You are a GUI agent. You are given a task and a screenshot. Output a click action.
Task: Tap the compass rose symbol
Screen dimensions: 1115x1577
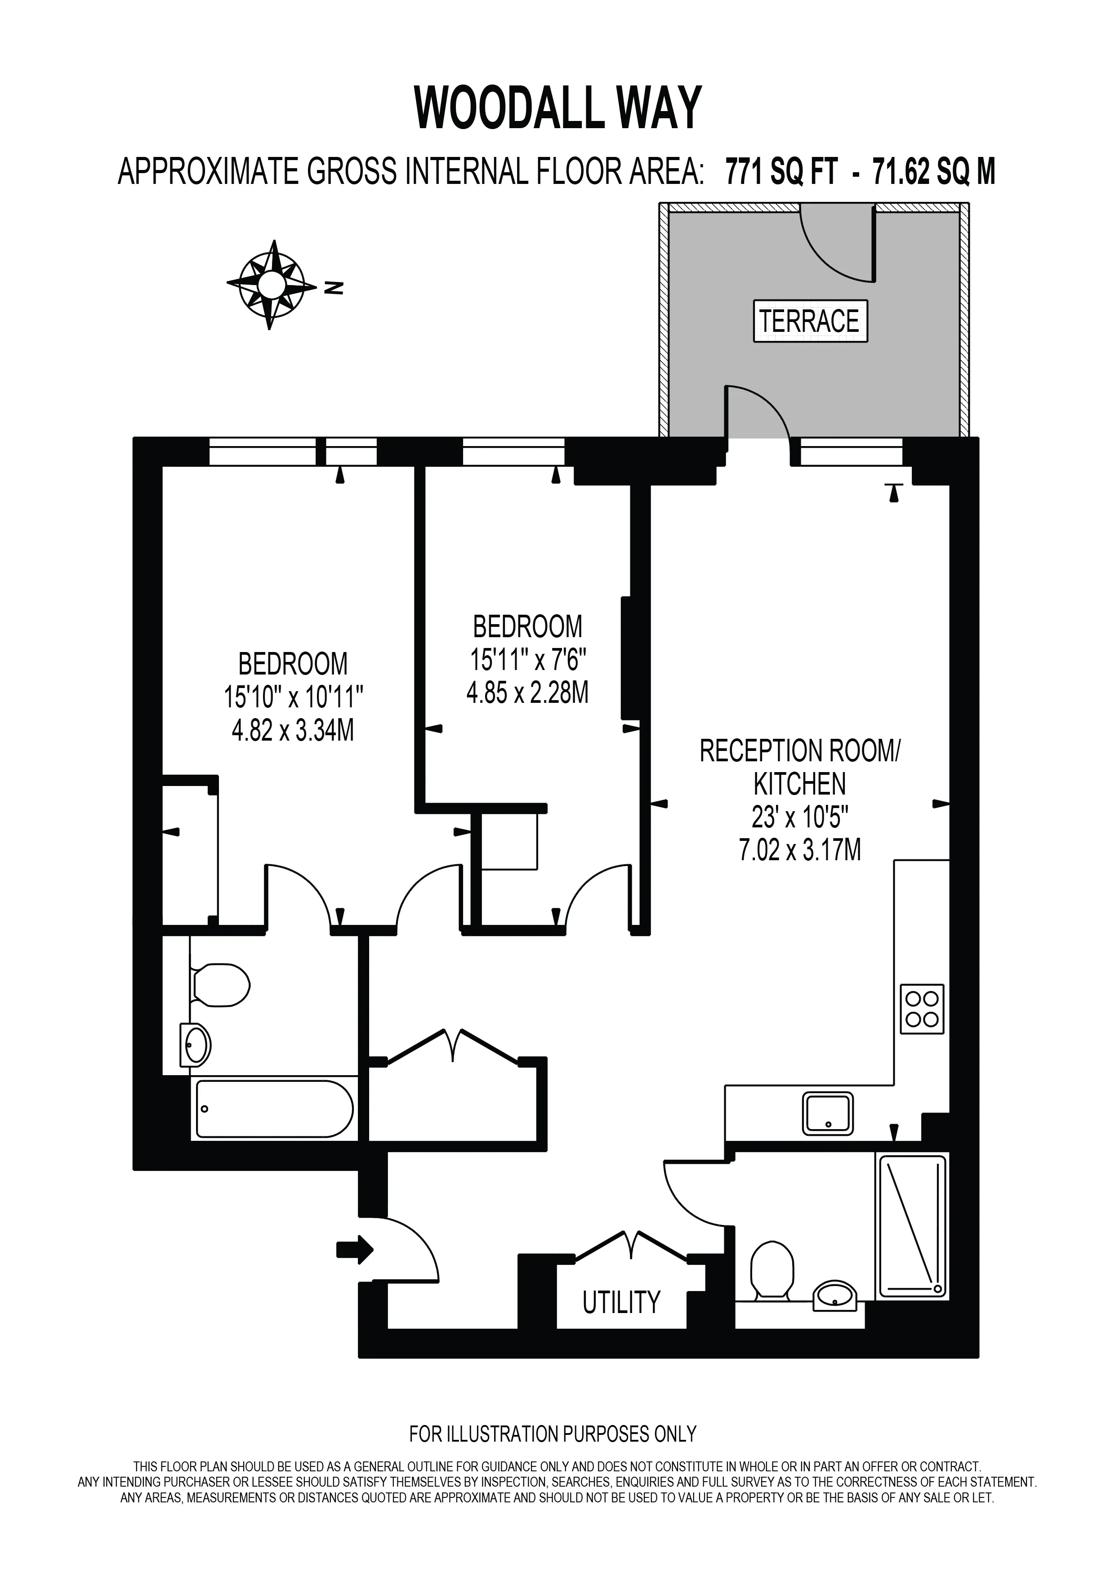[272, 284]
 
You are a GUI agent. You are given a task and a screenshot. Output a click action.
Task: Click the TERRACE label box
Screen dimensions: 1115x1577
[809, 321]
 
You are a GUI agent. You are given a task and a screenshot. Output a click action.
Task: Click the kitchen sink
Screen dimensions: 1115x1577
[828, 1112]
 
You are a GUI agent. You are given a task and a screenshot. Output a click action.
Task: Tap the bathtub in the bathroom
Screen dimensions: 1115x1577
[275, 1109]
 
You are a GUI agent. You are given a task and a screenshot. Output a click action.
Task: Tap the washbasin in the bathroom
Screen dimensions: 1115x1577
[195, 1045]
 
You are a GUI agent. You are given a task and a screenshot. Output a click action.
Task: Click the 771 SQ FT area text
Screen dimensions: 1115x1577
[781, 172]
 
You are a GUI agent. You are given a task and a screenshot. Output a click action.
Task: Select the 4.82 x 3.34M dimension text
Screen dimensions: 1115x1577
[293, 730]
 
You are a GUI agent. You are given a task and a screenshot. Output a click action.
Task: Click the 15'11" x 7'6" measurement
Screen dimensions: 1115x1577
[527, 661]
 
